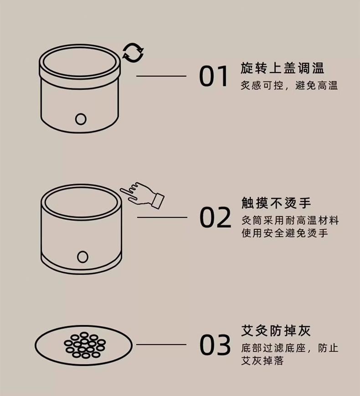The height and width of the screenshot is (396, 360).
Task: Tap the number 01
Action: click(x=214, y=76)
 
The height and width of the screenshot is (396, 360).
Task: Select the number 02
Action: click(x=215, y=217)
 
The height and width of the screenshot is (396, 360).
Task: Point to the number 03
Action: click(x=215, y=345)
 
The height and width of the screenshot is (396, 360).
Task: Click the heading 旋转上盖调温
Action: click(x=282, y=68)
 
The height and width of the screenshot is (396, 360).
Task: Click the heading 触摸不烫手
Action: click(x=276, y=203)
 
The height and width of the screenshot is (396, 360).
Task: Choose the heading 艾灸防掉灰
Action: click(x=276, y=330)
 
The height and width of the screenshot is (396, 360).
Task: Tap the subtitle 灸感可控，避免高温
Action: click(x=289, y=86)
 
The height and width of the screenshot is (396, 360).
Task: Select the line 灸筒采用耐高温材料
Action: click(x=290, y=221)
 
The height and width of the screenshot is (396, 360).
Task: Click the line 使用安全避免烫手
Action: click(x=284, y=233)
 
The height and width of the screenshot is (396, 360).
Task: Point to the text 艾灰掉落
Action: click(x=262, y=360)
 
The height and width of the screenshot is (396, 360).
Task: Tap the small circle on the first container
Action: click(x=81, y=119)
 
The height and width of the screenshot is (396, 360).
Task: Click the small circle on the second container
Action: click(x=82, y=257)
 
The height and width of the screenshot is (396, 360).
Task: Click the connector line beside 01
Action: click(x=161, y=76)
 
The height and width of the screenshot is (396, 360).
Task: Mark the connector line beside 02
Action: click(x=162, y=217)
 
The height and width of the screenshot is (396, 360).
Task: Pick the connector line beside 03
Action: click(x=161, y=345)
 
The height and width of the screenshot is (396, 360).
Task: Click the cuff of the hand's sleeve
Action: click(x=158, y=201)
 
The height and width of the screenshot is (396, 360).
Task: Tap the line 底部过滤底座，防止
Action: click(x=290, y=348)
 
